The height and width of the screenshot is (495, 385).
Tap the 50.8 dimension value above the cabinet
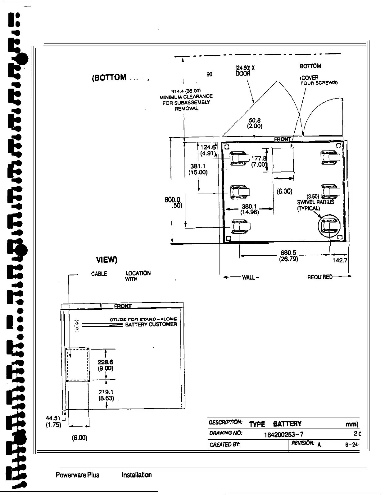[x=255, y=120]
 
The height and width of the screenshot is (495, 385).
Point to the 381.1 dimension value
[x=198, y=166]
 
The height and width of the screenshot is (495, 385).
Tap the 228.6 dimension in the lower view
[x=106, y=362]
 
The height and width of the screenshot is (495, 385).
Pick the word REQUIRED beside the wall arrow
[x=320, y=277]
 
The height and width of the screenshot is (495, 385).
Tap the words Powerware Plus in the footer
[x=77, y=475]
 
